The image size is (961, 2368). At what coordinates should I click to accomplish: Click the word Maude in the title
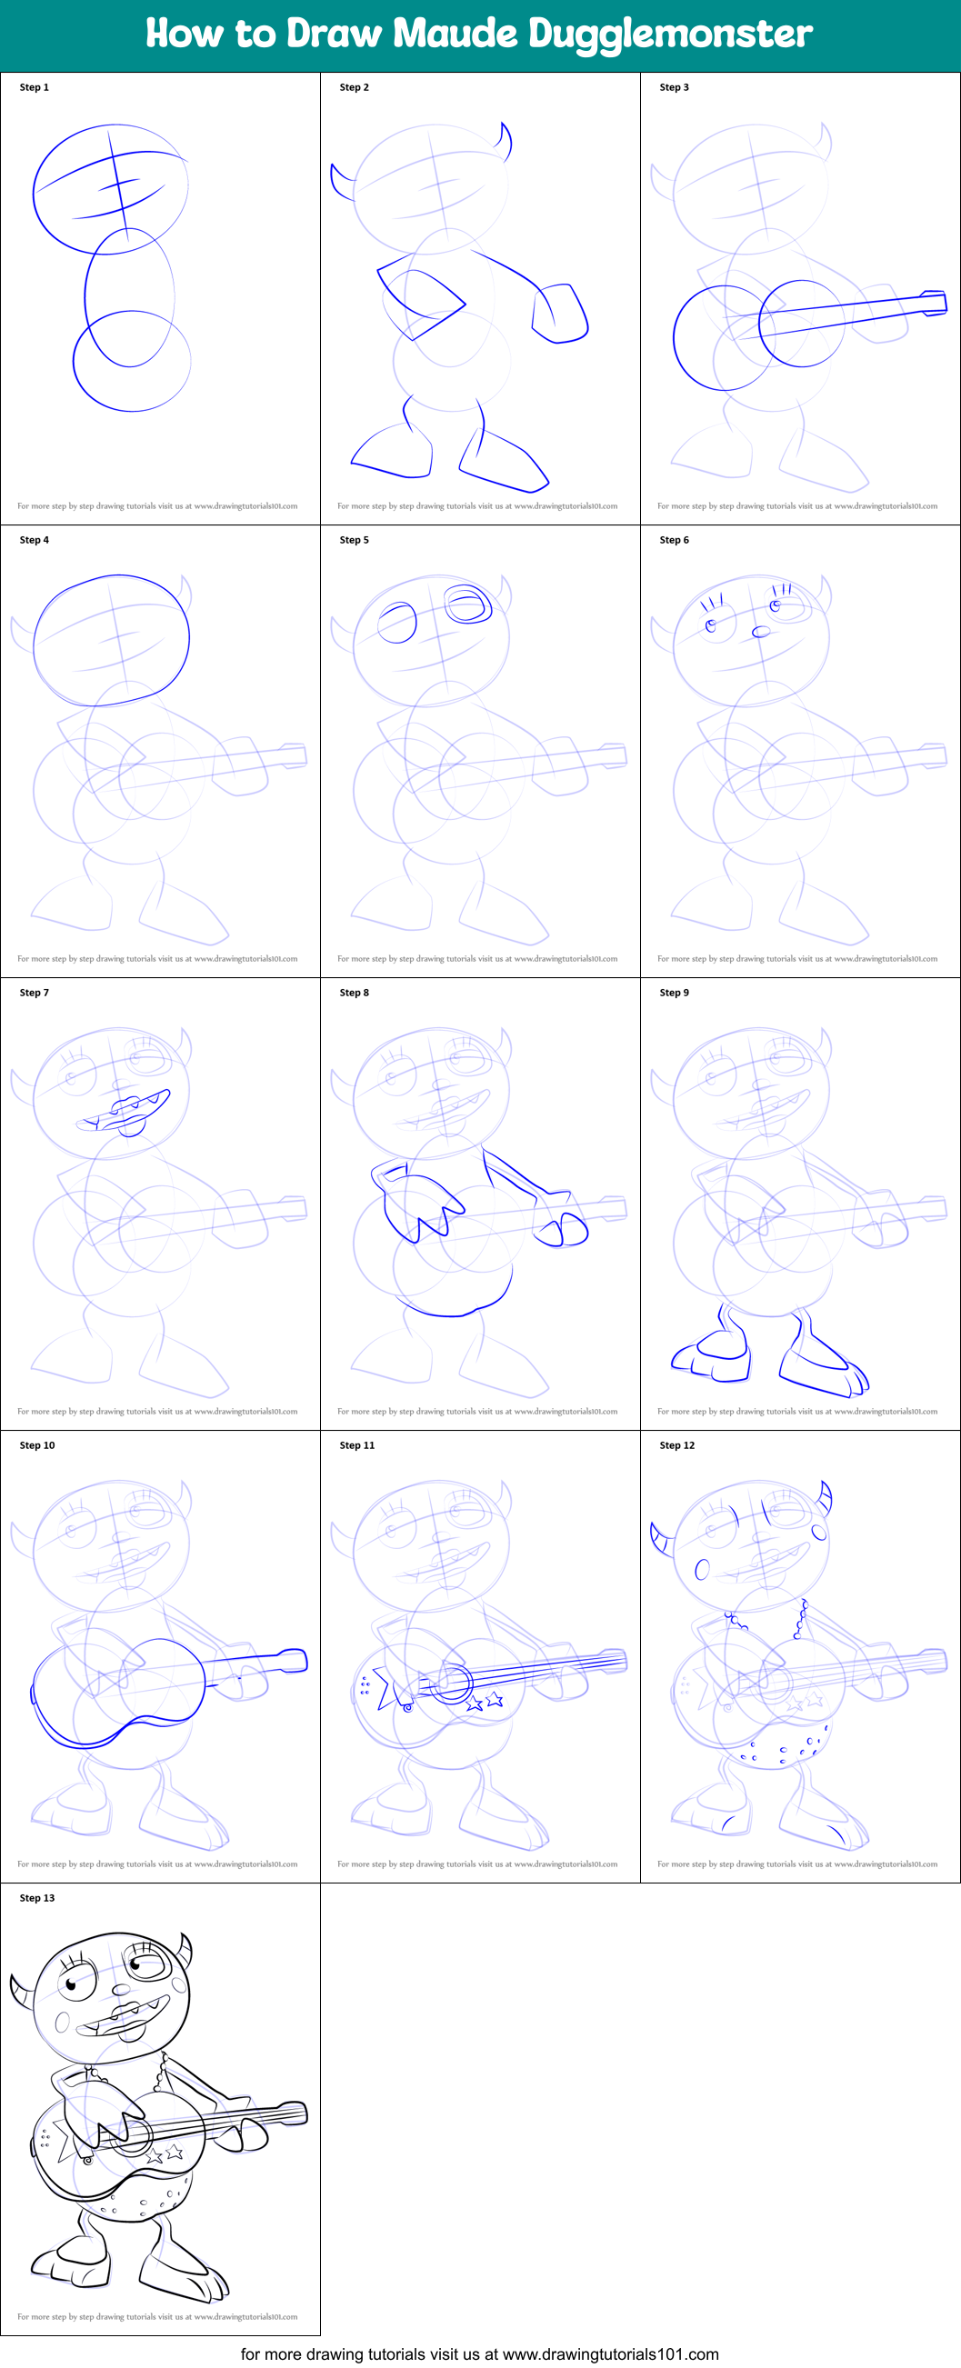click(x=455, y=34)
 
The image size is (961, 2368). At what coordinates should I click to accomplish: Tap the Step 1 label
click(x=34, y=87)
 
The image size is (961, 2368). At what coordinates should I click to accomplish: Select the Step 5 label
click(x=354, y=540)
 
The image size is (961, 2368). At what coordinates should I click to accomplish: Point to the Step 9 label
click(x=674, y=993)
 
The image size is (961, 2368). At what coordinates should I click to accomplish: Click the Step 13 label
click(x=36, y=1898)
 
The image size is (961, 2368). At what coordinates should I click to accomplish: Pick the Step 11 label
click(x=356, y=1445)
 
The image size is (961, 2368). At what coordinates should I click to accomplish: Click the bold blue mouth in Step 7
click(x=125, y=1112)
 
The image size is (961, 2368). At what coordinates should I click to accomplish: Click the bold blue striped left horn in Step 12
click(x=660, y=1539)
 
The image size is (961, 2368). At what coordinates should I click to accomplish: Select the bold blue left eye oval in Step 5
click(x=397, y=623)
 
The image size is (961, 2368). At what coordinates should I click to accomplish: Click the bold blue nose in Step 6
click(x=760, y=632)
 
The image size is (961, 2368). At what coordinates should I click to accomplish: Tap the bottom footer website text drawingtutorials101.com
click(x=610, y=2353)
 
